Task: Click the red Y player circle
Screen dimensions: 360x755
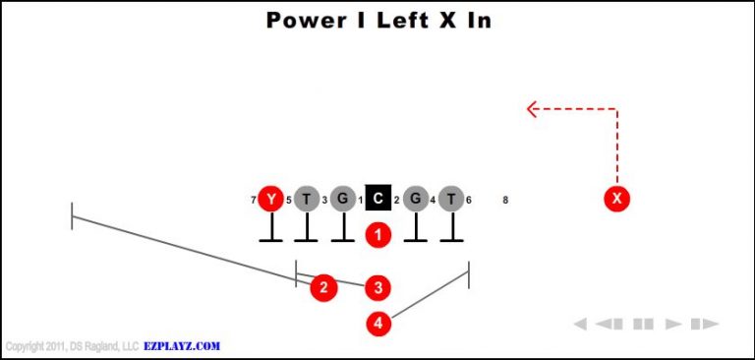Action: click(270, 200)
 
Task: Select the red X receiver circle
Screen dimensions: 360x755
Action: click(617, 200)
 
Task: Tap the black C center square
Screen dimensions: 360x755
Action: click(378, 200)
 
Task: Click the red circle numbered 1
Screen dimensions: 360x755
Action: click(378, 235)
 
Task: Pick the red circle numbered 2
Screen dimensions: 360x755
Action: click(323, 287)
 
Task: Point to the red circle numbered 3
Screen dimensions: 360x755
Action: click(378, 287)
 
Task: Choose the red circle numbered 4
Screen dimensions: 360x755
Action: click(378, 323)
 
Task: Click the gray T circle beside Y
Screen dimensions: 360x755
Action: click(307, 200)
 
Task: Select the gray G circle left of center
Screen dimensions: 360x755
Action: click(342, 200)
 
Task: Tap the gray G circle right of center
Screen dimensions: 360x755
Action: click(415, 200)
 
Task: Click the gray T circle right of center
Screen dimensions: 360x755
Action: click(451, 200)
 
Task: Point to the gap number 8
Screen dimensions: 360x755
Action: click(505, 201)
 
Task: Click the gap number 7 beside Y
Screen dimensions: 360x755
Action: click(254, 201)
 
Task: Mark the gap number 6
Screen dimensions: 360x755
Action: click(469, 201)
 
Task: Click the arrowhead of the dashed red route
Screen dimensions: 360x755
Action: click(531, 109)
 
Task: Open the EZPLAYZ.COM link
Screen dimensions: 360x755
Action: click(182, 346)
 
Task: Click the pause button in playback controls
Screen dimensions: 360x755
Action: click(644, 324)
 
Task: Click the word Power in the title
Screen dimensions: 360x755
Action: click(305, 21)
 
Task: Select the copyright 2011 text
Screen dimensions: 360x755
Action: click(71, 346)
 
